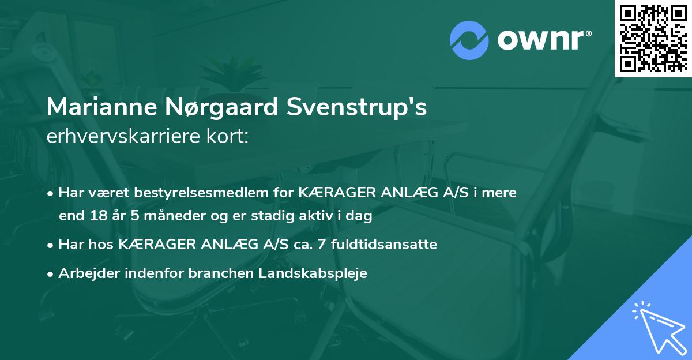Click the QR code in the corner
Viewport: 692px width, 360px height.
[653, 38]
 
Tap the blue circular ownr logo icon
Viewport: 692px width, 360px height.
[469, 40]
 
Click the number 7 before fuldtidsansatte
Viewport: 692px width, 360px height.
[325, 245]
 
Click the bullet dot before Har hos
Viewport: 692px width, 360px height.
[51, 245]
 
